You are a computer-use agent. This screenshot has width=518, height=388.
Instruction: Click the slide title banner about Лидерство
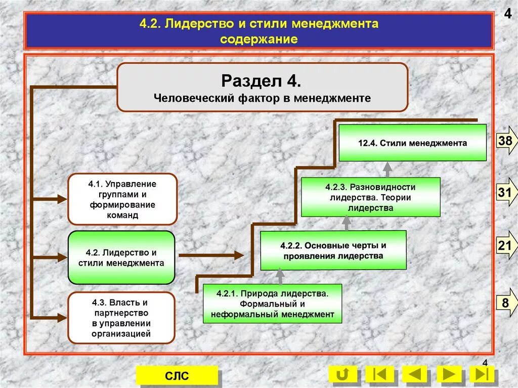click(258, 31)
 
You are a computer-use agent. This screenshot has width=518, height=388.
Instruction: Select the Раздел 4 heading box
click(262, 87)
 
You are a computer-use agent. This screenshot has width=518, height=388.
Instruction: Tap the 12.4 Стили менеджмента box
click(412, 143)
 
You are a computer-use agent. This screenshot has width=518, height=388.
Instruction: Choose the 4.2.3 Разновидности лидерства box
click(370, 197)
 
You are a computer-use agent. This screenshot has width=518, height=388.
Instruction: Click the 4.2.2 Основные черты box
click(333, 250)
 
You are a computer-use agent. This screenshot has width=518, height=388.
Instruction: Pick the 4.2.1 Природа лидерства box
click(272, 304)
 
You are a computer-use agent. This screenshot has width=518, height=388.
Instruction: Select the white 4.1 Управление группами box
click(122, 199)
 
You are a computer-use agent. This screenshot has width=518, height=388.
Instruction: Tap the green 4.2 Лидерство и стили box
click(121, 257)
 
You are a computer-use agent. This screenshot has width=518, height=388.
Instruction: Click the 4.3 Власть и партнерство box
click(121, 318)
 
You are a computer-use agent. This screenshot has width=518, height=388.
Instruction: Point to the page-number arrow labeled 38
click(505, 142)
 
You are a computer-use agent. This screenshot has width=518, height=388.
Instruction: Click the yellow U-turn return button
click(342, 374)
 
